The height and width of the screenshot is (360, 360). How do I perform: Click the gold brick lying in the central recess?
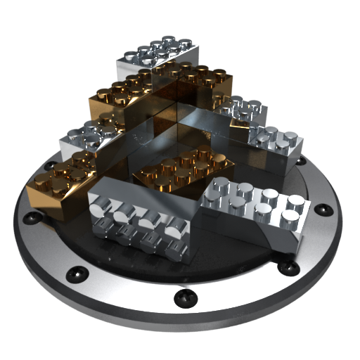click(x=186, y=169)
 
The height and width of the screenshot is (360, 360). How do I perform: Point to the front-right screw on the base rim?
click(x=284, y=267)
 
